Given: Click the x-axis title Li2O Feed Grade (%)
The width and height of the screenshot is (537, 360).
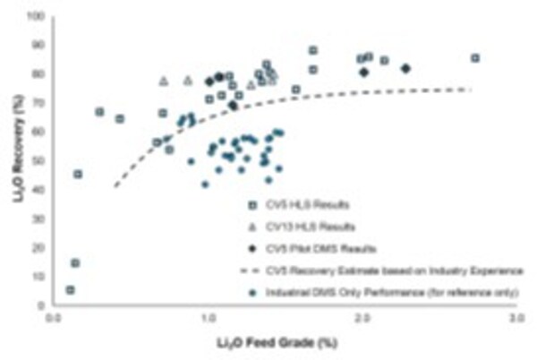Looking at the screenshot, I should click(x=284, y=341).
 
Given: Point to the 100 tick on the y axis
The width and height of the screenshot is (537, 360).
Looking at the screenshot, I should click(x=38, y=16).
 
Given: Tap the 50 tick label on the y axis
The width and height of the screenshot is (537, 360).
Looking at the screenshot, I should click(x=39, y=160).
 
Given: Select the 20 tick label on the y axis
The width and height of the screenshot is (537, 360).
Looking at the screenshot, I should click(x=39, y=247).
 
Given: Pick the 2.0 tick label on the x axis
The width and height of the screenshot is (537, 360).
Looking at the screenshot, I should click(x=361, y=318).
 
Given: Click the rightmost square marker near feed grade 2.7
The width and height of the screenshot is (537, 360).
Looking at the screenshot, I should click(x=475, y=58).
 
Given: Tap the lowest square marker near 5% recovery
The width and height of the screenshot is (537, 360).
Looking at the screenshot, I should click(x=70, y=290).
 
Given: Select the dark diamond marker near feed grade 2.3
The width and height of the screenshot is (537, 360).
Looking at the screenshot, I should click(x=405, y=68).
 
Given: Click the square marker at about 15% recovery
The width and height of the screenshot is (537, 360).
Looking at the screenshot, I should click(x=75, y=262).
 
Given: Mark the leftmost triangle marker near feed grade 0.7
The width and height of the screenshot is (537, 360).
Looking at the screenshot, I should click(x=164, y=81).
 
